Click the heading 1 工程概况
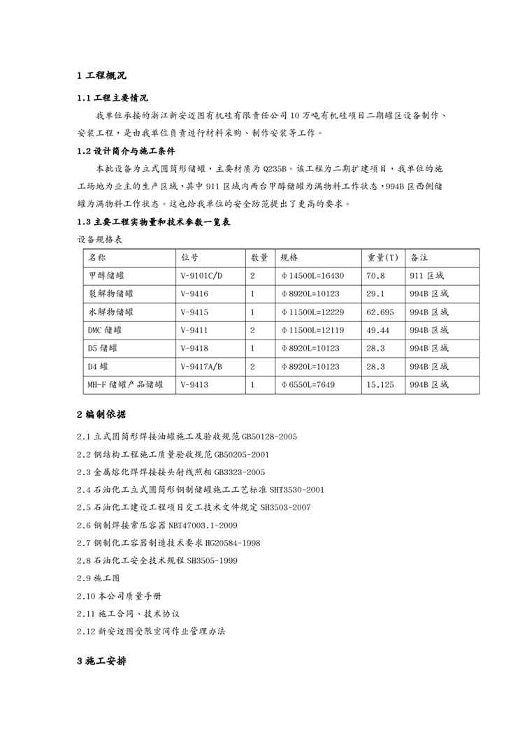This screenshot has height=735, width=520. tap(102, 75)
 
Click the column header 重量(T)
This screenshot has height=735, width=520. tap(383, 257)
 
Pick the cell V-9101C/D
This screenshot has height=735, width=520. tap(201, 275)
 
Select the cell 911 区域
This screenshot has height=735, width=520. tap(426, 275)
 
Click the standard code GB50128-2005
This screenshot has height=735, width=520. tap(269, 437)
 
